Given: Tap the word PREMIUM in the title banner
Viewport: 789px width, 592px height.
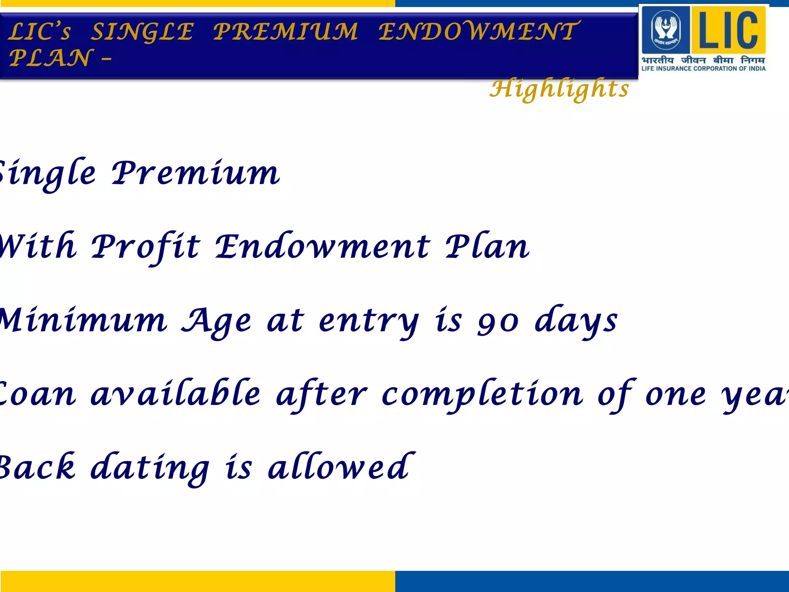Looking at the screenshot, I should (x=285, y=32).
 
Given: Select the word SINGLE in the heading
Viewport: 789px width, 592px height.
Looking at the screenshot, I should (x=142, y=32).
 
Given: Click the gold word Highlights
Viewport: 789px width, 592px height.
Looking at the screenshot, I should (x=559, y=89).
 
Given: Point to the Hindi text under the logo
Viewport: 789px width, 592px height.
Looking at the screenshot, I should (x=703, y=60).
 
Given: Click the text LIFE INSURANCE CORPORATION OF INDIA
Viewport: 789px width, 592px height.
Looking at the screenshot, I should (x=703, y=69).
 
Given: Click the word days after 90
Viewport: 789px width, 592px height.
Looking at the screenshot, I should (x=576, y=321).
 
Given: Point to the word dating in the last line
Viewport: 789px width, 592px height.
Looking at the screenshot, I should (x=150, y=468).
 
